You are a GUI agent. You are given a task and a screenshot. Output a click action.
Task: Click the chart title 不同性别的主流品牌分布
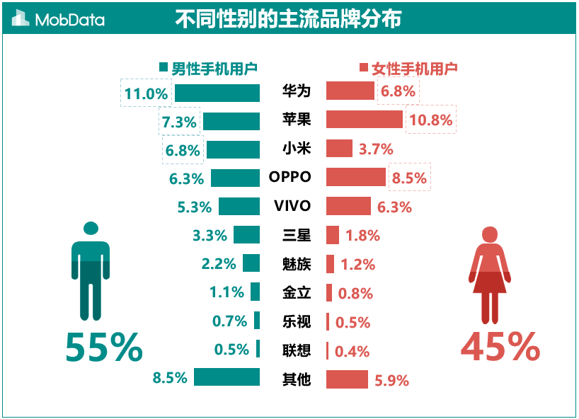[288, 19]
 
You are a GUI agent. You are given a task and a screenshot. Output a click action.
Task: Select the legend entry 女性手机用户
[408, 69]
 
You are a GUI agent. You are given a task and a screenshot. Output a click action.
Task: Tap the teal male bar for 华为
[217, 93]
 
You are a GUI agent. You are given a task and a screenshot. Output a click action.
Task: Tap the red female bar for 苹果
[365, 120]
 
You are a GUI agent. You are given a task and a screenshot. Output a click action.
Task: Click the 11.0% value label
[146, 93]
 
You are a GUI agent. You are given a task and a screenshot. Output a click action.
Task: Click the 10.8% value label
[430, 120]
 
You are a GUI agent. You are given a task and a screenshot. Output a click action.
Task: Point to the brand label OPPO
[290, 177]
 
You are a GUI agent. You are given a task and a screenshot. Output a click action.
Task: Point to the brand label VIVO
[292, 206]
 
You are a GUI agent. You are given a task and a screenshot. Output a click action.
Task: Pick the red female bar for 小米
[339, 149]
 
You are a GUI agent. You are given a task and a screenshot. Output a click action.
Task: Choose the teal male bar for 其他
[227, 377]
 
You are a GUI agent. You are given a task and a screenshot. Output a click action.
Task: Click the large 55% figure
[104, 348]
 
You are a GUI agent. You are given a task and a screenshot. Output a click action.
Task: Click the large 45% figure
[500, 348]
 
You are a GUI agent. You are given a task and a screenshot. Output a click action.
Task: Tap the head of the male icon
[90, 229]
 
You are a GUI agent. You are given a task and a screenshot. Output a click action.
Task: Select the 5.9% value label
[392, 381]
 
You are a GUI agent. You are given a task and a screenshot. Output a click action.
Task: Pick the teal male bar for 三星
[246, 235]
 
